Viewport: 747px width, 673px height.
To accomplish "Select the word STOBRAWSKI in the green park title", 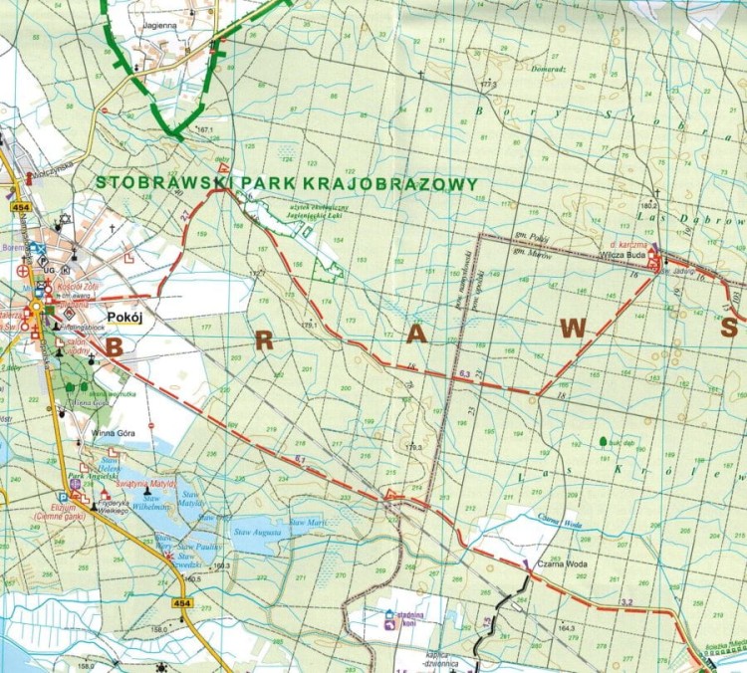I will [156, 183].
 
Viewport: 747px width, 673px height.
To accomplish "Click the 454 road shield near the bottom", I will [180, 603].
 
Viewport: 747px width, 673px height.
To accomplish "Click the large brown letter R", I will [264, 340].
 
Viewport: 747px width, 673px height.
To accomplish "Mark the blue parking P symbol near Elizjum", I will [64, 495].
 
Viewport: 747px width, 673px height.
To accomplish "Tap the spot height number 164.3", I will [567, 627].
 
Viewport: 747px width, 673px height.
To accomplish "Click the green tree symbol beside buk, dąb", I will [603, 440].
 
